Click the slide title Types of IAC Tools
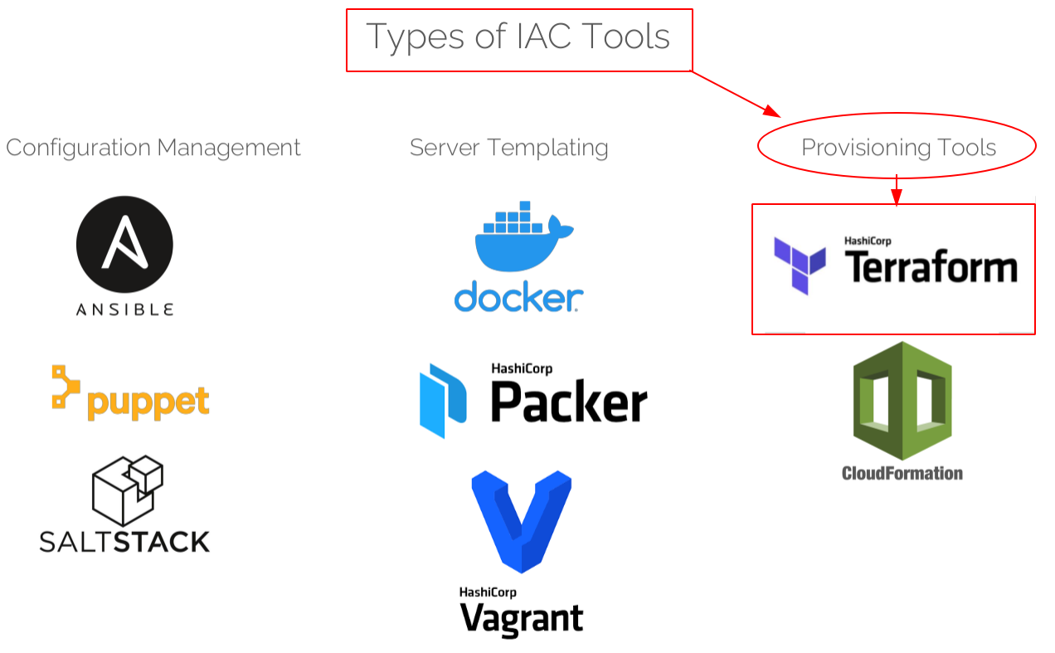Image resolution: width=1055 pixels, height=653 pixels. tap(518, 37)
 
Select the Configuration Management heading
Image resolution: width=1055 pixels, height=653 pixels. tap(153, 148)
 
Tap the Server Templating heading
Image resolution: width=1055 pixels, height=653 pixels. tap(508, 148)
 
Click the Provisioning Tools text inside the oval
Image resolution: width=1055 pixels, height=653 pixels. tap(898, 148)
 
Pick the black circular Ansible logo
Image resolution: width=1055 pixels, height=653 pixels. tap(124, 244)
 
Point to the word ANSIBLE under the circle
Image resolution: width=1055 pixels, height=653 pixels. tap(124, 309)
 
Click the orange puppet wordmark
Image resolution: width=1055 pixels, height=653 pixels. tap(148, 402)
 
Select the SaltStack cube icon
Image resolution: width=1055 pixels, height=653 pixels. tap(127, 490)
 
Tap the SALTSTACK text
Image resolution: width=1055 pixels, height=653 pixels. tap(124, 543)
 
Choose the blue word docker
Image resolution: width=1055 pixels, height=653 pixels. tap(518, 297)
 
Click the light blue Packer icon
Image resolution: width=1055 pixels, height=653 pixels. tap(443, 401)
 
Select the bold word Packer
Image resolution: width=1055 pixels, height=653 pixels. tap(569, 402)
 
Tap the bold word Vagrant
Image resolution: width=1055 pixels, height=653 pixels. tap(522, 619)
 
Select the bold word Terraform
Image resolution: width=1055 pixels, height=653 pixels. tap(931, 268)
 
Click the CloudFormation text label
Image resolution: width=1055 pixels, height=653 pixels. tap(902, 474)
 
